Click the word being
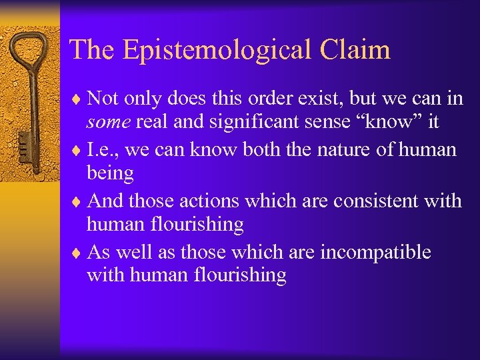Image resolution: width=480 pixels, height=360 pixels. coord(110,174)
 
